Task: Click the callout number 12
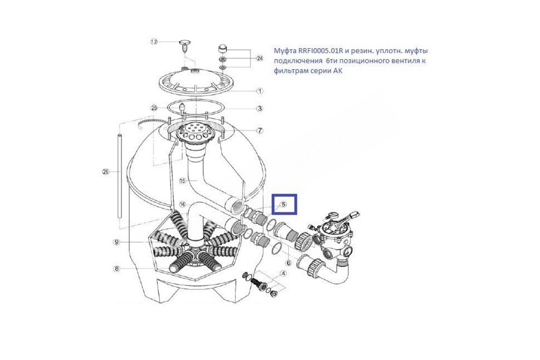coord(154,42)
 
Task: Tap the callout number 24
coord(260,58)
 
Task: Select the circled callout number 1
coord(260,91)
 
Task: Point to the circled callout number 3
coord(260,108)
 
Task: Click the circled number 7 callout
coord(260,130)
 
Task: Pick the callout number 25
coord(154,108)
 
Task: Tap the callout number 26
coord(106,172)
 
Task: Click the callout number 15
coord(183,180)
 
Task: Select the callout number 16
coord(183,204)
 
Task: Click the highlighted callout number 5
coord(283,204)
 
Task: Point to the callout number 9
coord(117,242)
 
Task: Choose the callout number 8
coord(117,269)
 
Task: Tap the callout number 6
coord(288,263)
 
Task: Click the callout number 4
coord(283,274)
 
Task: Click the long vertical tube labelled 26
coord(119,176)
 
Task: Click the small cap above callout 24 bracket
coord(223,49)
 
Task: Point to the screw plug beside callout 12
coord(185,48)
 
